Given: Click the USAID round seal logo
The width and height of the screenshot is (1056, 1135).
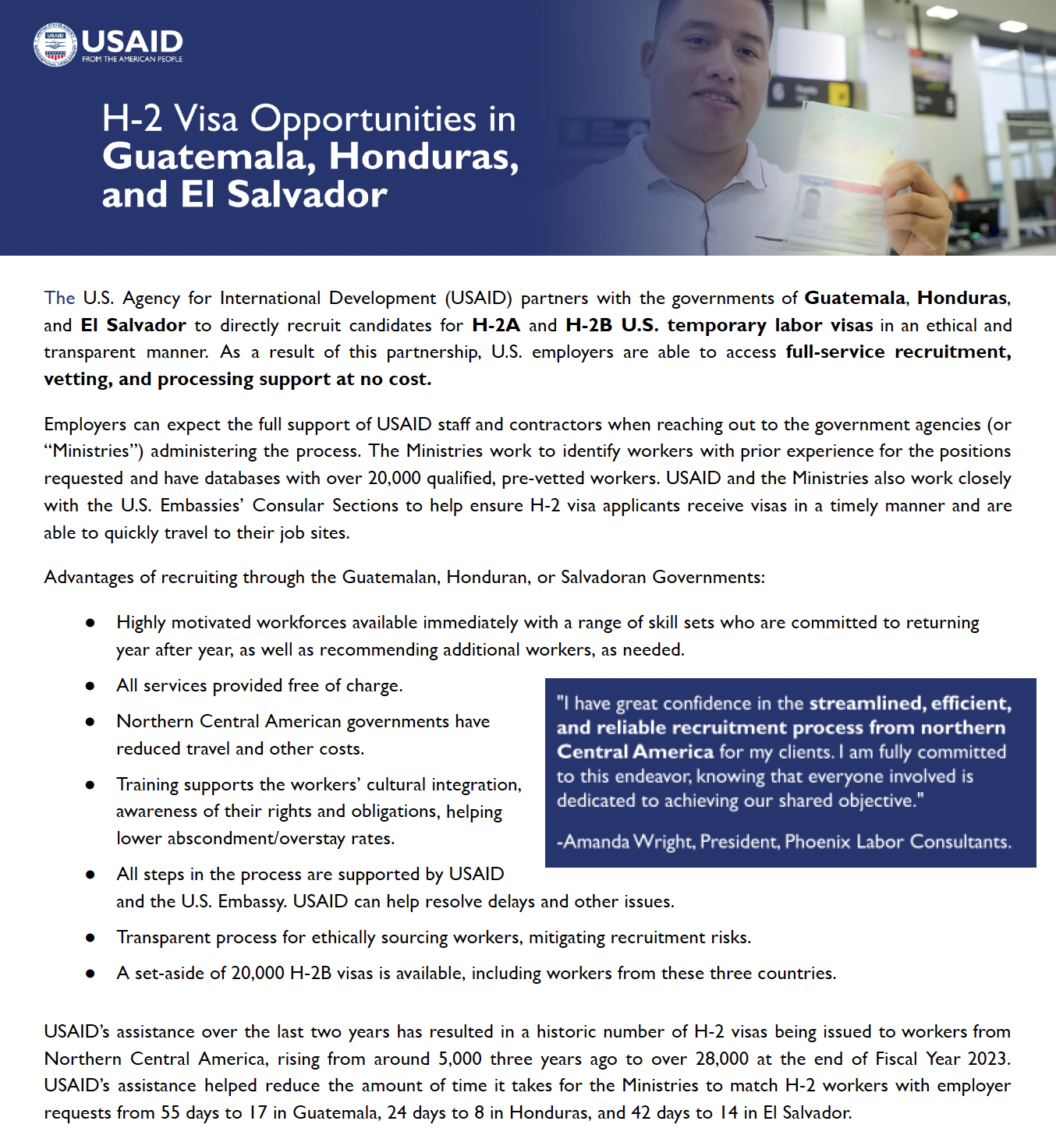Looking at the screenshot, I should pyautogui.click(x=55, y=45).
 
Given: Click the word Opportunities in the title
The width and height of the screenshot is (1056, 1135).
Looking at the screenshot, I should pyautogui.click(x=363, y=119).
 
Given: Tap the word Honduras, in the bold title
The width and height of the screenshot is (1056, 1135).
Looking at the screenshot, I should pyautogui.click(x=423, y=157).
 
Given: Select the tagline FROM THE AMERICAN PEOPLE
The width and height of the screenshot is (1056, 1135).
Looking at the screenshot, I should pyautogui.click(x=132, y=59).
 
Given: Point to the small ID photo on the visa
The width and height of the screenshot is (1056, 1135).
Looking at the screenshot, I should pyautogui.click(x=811, y=205).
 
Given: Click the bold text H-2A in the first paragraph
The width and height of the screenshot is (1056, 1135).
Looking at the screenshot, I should pyautogui.click(x=496, y=325).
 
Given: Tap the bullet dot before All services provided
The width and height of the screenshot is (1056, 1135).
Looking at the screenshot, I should pyautogui.click(x=90, y=686).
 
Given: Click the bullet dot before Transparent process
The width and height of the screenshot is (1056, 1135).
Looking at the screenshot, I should pyautogui.click(x=90, y=938).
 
